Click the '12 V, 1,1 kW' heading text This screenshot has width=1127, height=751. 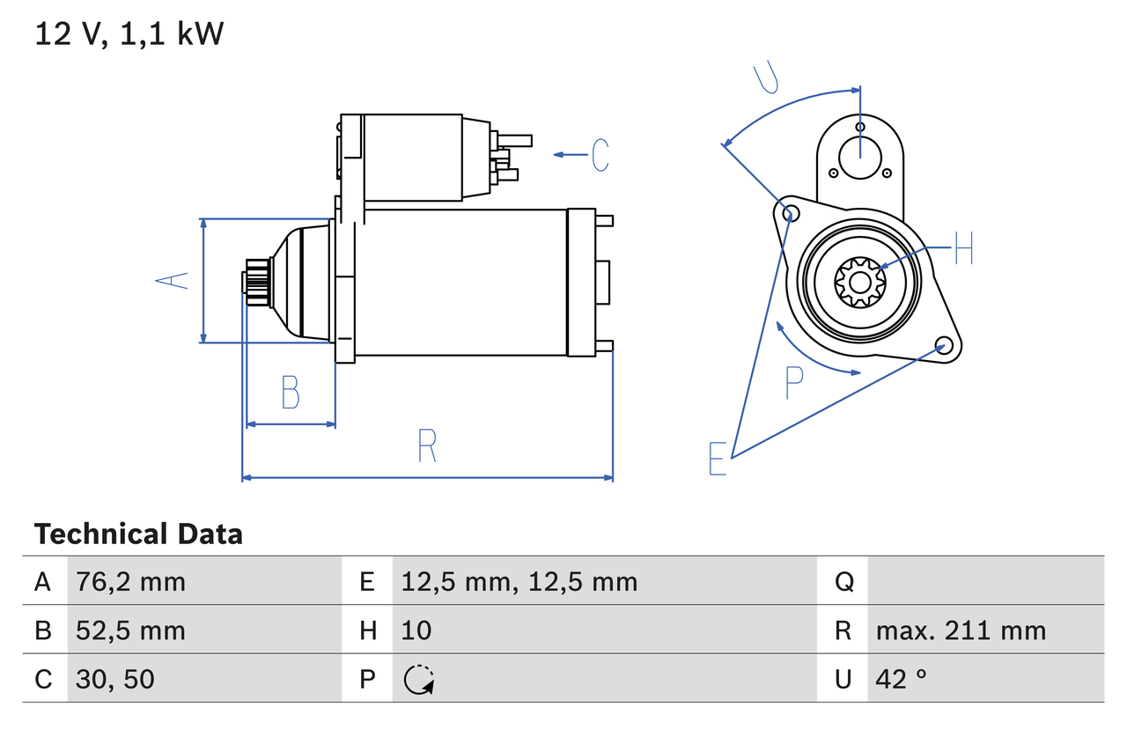tap(129, 34)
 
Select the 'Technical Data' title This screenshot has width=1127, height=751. tap(138, 534)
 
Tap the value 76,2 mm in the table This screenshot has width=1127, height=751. tap(130, 582)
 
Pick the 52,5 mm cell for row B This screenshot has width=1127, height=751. tap(130, 630)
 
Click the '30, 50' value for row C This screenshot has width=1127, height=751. tap(115, 679)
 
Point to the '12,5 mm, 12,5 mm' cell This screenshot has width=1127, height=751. tap(519, 582)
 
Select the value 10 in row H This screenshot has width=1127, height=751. tap(416, 630)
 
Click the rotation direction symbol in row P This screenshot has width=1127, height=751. tap(418, 680)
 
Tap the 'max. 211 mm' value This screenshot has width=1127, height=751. tap(961, 630)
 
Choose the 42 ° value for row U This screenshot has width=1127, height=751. tap(902, 679)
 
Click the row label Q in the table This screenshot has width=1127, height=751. tap(843, 582)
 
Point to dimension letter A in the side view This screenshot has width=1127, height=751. tap(173, 281)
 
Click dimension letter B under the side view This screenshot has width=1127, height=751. tap(291, 393)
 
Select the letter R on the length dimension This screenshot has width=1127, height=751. tap(427, 446)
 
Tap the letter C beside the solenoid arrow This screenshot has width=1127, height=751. tap(600, 155)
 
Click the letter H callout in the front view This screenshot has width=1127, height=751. tap(963, 249)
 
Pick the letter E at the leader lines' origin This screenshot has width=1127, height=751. tap(718, 459)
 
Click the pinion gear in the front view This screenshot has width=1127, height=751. tap(859, 282)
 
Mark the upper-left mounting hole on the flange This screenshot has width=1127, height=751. tap(790, 213)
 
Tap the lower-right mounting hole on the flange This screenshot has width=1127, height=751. tap(943, 344)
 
